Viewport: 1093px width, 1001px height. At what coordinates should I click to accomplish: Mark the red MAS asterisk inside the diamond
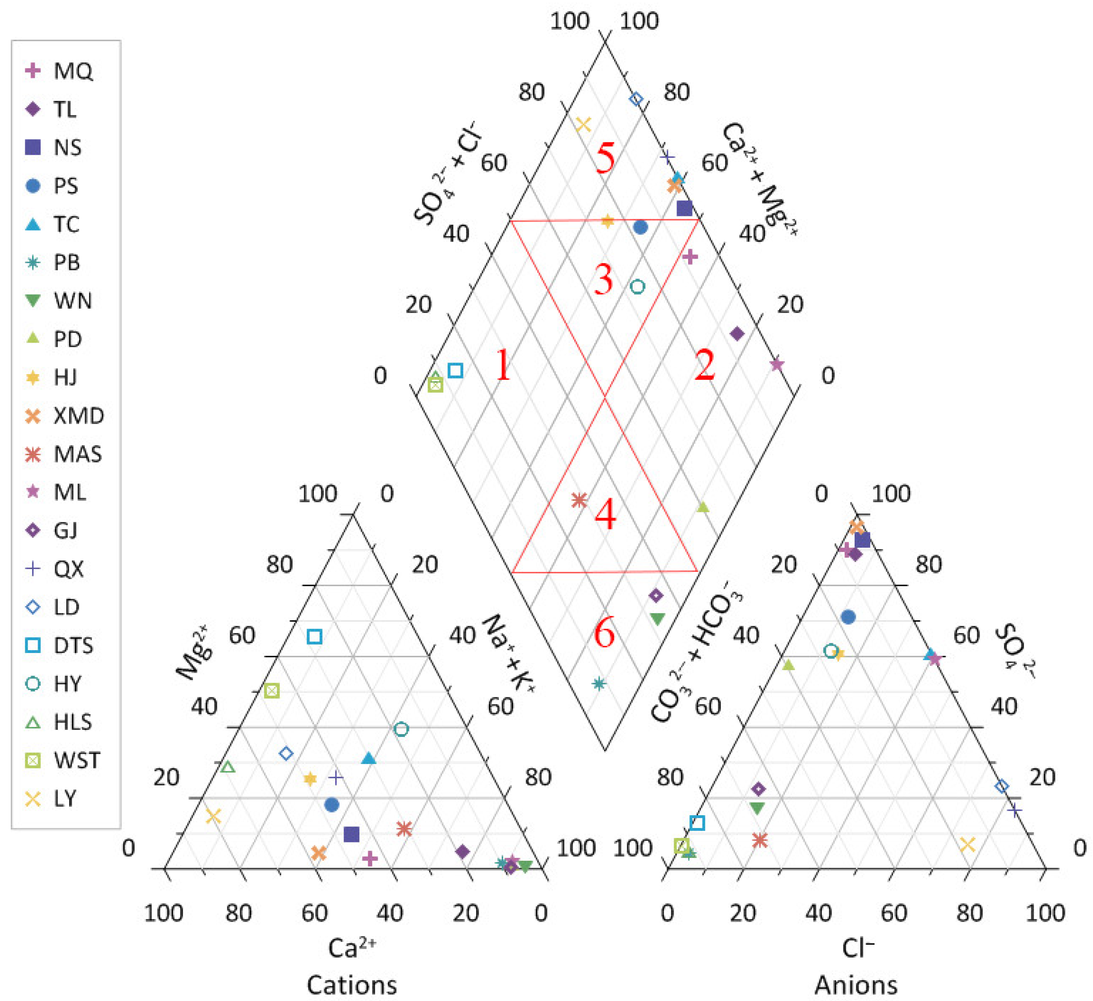coord(580,500)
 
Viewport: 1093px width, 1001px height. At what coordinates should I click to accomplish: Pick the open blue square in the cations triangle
coord(315,637)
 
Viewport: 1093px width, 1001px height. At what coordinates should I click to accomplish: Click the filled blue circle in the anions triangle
coord(848,617)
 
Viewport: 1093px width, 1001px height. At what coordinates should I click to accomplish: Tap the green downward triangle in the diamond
coord(657,618)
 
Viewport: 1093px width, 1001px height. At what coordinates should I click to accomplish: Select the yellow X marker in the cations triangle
coord(214,816)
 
